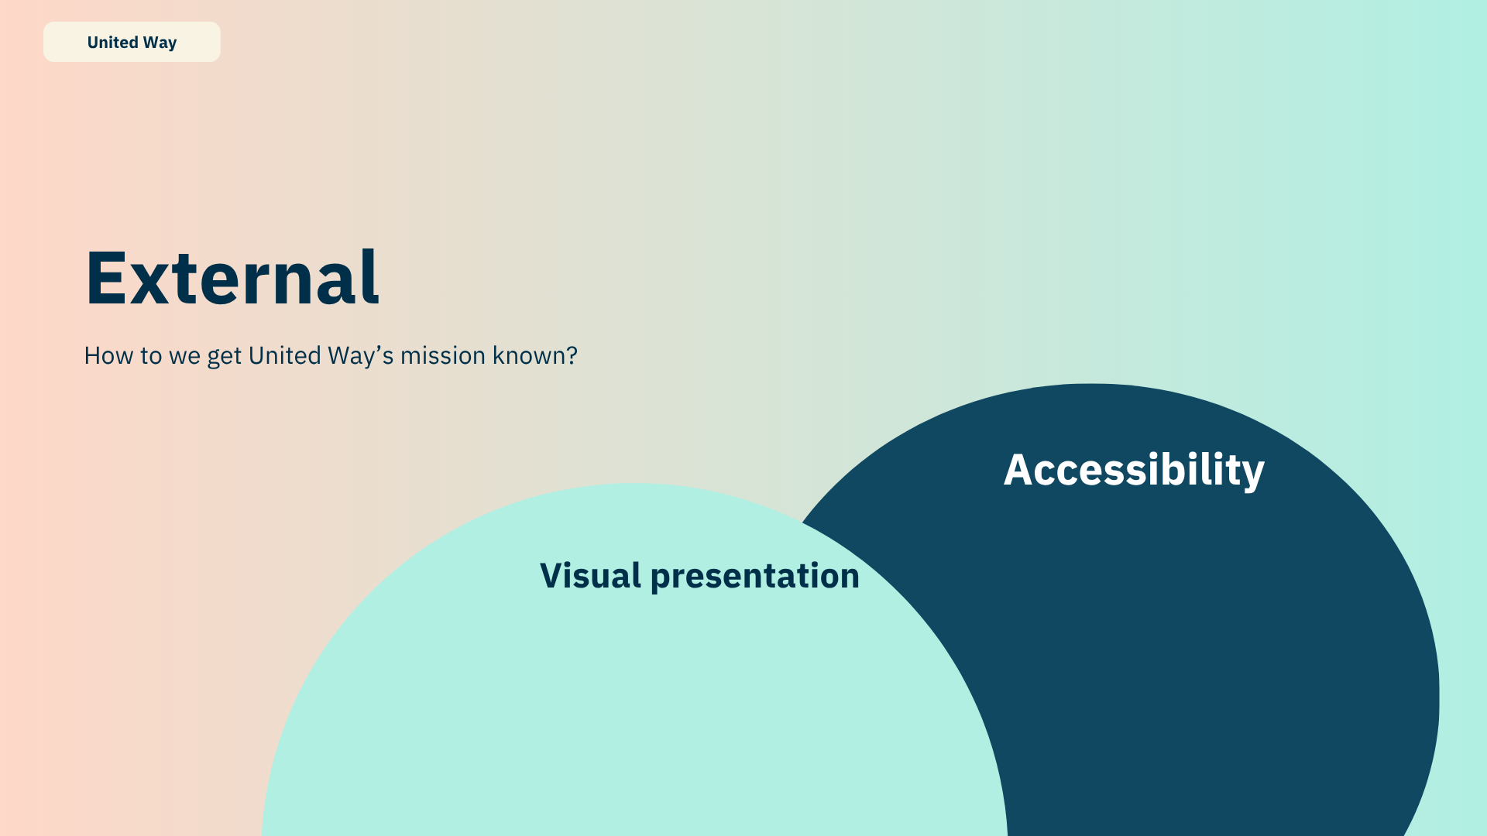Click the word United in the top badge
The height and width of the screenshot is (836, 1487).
112,43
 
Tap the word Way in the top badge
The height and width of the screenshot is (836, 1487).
160,43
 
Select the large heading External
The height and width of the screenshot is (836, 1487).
232,277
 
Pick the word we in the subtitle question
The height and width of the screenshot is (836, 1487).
184,356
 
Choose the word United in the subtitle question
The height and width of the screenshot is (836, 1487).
284,355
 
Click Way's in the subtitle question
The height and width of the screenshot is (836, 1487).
360,355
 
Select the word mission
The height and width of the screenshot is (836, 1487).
442,355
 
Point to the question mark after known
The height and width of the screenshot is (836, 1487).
572,355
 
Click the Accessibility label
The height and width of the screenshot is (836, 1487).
1134,470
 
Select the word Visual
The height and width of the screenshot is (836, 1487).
590,575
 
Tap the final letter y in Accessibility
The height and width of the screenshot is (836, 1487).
1253,473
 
